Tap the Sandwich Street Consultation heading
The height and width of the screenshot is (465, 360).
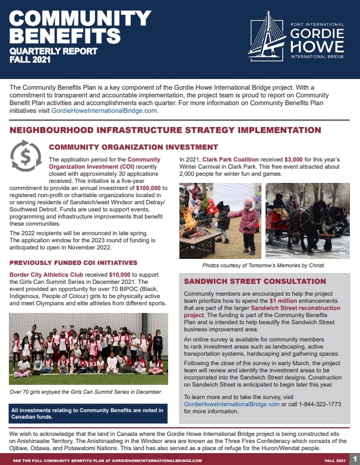pyautogui.click(x=255, y=281)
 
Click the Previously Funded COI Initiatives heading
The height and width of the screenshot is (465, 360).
pyautogui.click(x=73, y=262)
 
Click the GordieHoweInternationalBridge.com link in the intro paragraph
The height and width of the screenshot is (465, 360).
pyautogui.click(x=105, y=110)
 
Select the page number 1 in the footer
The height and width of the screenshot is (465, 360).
pyautogui.click(x=354, y=460)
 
